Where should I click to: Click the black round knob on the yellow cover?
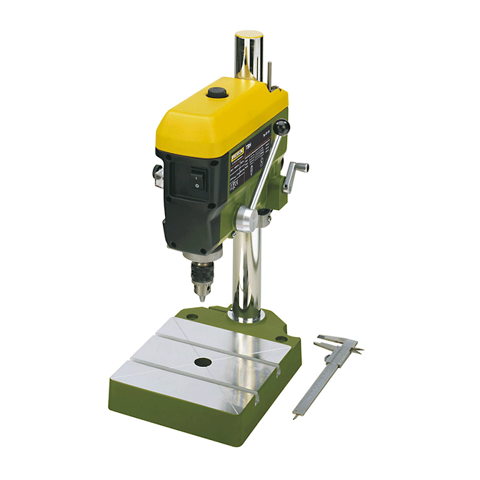(215, 92)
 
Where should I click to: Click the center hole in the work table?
(202, 363)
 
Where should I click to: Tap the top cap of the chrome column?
(248, 35)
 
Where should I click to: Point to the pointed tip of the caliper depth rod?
(294, 416)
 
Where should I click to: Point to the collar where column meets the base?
(246, 315)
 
